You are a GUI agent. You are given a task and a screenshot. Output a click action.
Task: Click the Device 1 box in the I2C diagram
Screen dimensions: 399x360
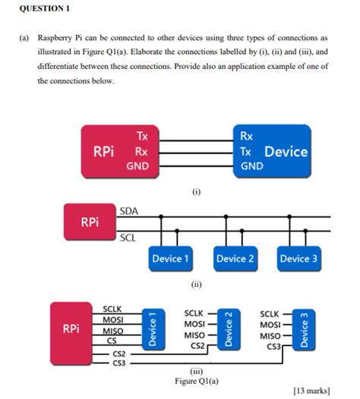pyautogui.click(x=170, y=259)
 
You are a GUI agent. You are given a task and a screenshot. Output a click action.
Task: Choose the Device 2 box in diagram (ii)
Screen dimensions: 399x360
pyautogui.click(x=234, y=259)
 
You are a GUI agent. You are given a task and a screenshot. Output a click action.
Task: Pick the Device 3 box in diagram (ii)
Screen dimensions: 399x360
pyautogui.click(x=298, y=259)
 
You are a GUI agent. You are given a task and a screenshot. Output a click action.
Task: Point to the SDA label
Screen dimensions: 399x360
pyautogui.click(x=128, y=209)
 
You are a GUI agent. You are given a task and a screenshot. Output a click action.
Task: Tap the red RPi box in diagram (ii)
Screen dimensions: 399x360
pyautogui.click(x=89, y=222)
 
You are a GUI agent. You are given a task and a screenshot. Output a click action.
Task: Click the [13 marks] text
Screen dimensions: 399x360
pyautogui.click(x=311, y=390)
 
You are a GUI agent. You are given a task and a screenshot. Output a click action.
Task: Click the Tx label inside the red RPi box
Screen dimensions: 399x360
pyautogui.click(x=142, y=137)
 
